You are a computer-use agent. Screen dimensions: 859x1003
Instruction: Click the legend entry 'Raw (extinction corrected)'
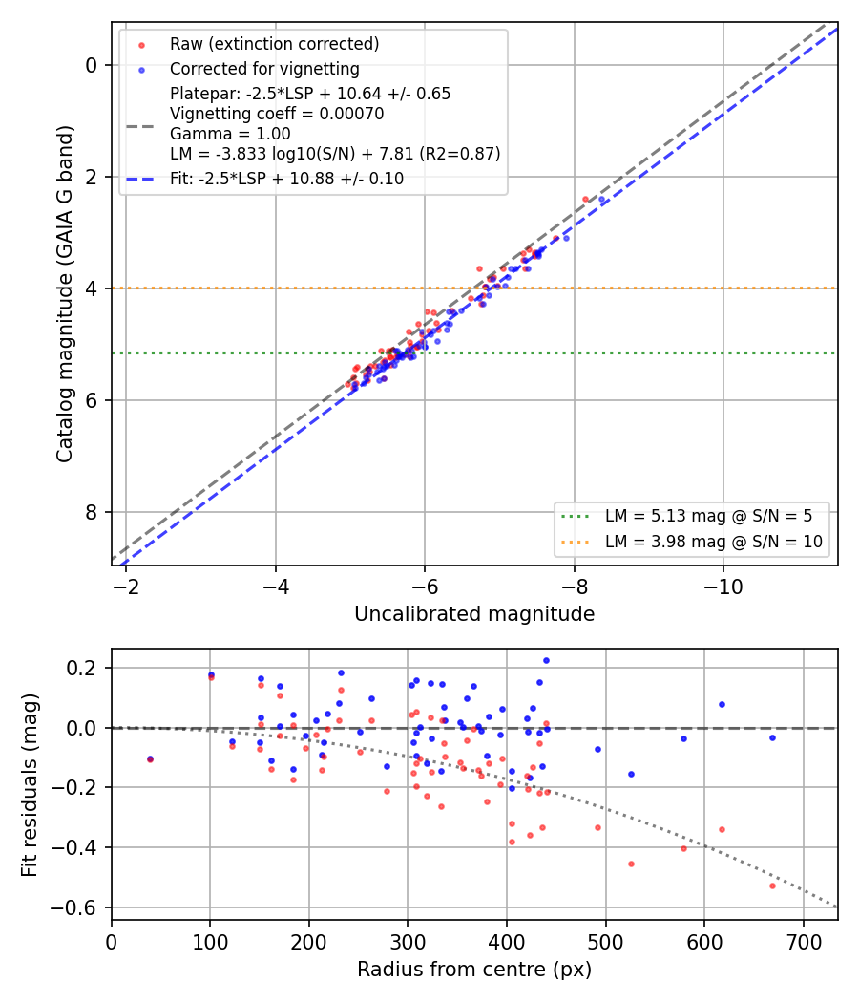pyautogui.click(x=274, y=44)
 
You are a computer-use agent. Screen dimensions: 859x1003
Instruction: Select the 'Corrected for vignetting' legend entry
pyautogui.click(x=264, y=69)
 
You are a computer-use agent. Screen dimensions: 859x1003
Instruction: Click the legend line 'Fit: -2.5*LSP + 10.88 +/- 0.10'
pyautogui.click(x=287, y=179)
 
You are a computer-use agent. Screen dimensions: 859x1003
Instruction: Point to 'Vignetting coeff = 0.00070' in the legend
pyautogui.click(x=277, y=114)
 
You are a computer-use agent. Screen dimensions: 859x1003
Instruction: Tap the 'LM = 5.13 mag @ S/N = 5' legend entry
pyautogui.click(x=709, y=516)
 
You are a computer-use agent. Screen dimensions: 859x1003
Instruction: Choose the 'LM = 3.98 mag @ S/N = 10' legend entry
pyautogui.click(x=714, y=542)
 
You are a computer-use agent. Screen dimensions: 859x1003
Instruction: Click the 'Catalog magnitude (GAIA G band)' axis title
pyautogui.click(x=65, y=293)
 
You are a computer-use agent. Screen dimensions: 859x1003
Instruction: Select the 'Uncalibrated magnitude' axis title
pyautogui.click(x=474, y=614)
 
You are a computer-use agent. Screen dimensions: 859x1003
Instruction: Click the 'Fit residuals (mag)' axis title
pyautogui.click(x=30, y=785)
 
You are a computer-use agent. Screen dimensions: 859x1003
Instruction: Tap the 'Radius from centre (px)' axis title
pyautogui.click(x=474, y=970)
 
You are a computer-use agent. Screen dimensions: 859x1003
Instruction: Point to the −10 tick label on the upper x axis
pyautogui.click(x=723, y=587)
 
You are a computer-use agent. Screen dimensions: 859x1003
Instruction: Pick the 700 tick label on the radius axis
pyautogui.click(x=804, y=942)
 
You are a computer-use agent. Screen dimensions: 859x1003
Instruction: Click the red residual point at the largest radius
pyautogui.click(x=773, y=886)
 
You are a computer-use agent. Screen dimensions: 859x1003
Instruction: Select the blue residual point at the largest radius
pyautogui.click(x=773, y=738)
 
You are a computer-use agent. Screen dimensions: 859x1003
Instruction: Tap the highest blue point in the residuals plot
pyautogui.click(x=547, y=661)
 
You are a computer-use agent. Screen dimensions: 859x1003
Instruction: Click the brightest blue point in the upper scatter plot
pyautogui.click(x=601, y=200)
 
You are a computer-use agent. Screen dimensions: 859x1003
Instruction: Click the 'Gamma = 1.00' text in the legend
pyautogui.click(x=230, y=134)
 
